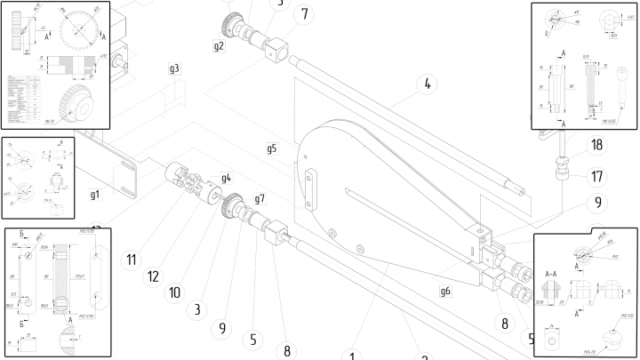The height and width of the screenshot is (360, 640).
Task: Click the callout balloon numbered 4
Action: click(x=427, y=85)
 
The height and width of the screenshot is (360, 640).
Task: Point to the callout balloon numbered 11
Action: click(x=131, y=260)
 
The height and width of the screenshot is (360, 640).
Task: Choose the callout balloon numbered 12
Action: click(x=153, y=276)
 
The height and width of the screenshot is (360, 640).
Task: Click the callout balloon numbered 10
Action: click(x=175, y=292)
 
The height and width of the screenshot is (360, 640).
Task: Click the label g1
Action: click(x=95, y=193)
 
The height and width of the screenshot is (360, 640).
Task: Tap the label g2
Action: click(x=219, y=44)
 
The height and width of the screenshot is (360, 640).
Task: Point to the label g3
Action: click(x=174, y=68)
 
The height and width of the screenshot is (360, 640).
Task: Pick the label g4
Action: click(x=226, y=178)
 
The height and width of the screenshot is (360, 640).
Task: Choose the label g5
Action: click(x=272, y=148)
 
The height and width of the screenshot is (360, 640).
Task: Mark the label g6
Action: click(x=445, y=290)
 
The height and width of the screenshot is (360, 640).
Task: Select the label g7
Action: click(x=260, y=197)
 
